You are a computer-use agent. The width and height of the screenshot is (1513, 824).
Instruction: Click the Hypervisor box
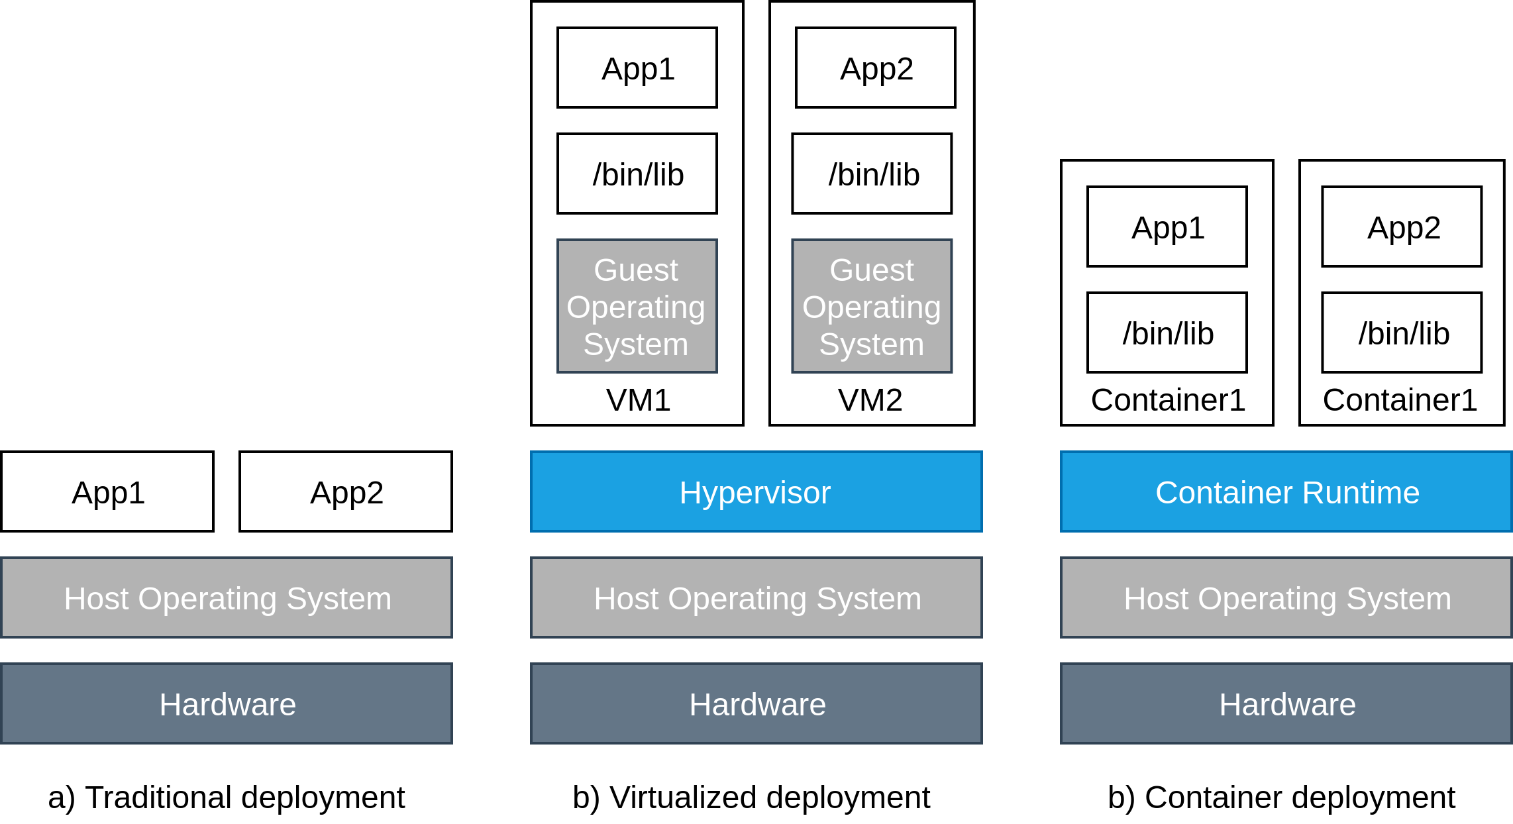pos(756,491)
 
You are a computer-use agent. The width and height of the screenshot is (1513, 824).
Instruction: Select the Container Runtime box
pos(1286,491)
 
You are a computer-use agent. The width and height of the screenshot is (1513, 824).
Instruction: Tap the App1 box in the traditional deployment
pos(107,491)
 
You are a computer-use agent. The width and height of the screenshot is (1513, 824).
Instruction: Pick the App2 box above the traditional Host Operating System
pos(346,491)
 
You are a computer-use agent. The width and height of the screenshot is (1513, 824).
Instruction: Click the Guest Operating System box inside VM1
pos(637,306)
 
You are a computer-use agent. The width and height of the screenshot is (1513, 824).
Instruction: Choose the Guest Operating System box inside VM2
pos(872,306)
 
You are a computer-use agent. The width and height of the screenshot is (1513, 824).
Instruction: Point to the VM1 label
pos(638,400)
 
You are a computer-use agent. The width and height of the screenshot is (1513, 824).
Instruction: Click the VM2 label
pos(870,400)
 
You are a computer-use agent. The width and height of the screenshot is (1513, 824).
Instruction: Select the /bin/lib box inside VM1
pos(637,174)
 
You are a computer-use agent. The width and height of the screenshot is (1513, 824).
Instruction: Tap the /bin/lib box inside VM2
pos(872,174)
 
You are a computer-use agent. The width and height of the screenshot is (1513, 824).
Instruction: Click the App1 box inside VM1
pos(637,68)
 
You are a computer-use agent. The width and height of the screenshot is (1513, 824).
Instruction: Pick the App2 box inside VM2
pos(875,68)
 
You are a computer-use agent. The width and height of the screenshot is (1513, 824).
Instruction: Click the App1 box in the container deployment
pos(1167,227)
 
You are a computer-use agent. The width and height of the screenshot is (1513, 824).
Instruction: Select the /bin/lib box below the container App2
pos(1402,333)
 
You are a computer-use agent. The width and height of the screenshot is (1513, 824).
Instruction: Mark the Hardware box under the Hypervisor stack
pos(756,703)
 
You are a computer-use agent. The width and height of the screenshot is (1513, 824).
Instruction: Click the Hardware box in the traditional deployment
pos(227,703)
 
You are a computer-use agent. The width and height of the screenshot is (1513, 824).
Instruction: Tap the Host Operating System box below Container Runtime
pos(1286,597)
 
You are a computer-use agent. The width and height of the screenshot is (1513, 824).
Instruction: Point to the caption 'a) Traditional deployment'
pos(226,798)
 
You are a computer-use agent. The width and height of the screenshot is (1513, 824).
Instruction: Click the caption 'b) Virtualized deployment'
pos(751,798)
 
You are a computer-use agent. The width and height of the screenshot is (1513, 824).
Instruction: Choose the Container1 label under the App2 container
pos(1400,400)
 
